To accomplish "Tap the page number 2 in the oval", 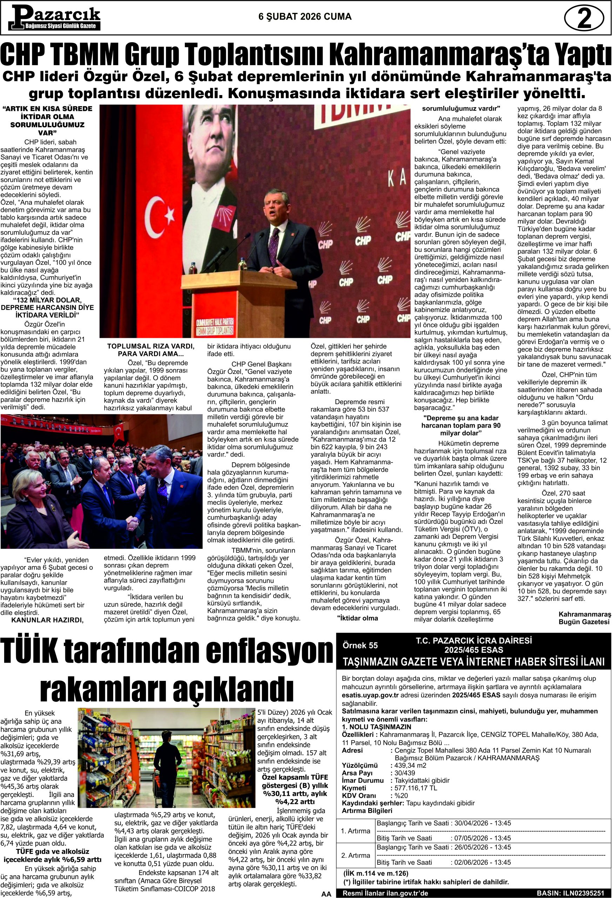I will coord(584,19).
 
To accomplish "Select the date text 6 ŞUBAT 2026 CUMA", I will coord(305,16).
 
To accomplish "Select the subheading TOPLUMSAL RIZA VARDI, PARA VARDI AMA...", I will coord(151,350).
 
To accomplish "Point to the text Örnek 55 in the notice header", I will coord(360,645).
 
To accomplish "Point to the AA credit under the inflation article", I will coord(326,893).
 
